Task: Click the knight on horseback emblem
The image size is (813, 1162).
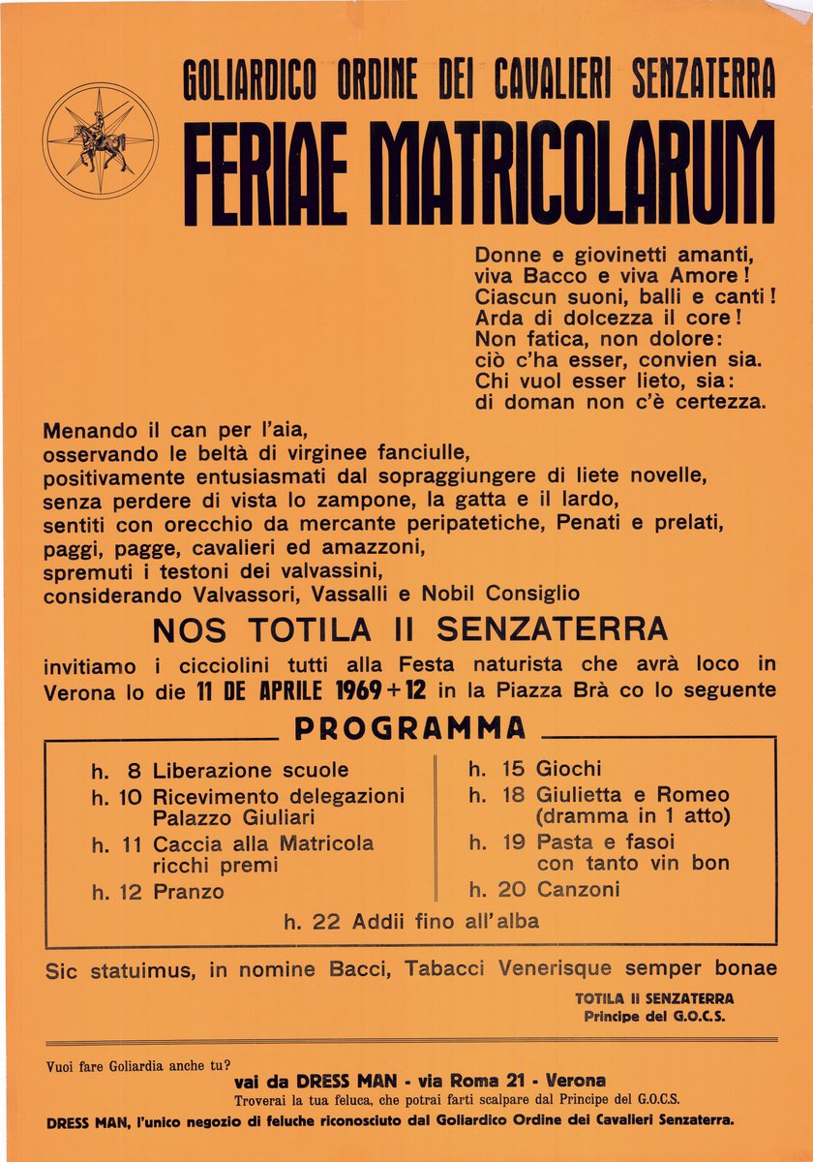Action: [99, 140]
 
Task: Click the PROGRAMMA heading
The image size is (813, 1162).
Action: [410, 728]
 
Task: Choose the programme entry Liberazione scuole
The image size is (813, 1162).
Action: [251, 771]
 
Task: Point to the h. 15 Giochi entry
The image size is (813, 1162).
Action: [534, 769]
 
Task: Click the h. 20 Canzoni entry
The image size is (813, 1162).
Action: [544, 888]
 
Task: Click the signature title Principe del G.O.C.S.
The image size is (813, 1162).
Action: [653, 1017]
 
